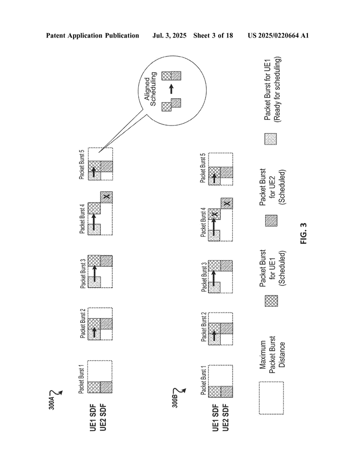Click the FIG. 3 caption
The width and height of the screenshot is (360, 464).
[x=304, y=233]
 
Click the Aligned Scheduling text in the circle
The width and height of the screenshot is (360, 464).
[x=150, y=89]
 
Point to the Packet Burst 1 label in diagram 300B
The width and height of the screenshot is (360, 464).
[x=204, y=380]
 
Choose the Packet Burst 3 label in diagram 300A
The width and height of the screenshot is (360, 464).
[x=83, y=274]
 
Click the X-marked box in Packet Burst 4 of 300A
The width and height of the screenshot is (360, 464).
[x=107, y=197]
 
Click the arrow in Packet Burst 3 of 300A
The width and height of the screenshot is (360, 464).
[x=94, y=274]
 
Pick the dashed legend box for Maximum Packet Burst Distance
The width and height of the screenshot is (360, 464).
[x=271, y=398]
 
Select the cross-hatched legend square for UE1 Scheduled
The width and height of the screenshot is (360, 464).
[x=271, y=301]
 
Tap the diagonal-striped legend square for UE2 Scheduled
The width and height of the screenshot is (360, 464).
[x=271, y=221]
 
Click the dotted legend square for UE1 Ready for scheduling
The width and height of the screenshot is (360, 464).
[x=271, y=139]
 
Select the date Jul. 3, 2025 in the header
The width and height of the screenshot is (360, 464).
[x=169, y=36]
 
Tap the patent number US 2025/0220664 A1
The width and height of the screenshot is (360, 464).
[x=278, y=36]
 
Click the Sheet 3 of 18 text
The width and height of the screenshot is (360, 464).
[x=213, y=36]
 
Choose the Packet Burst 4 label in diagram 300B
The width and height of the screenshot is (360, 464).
[x=203, y=222]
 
